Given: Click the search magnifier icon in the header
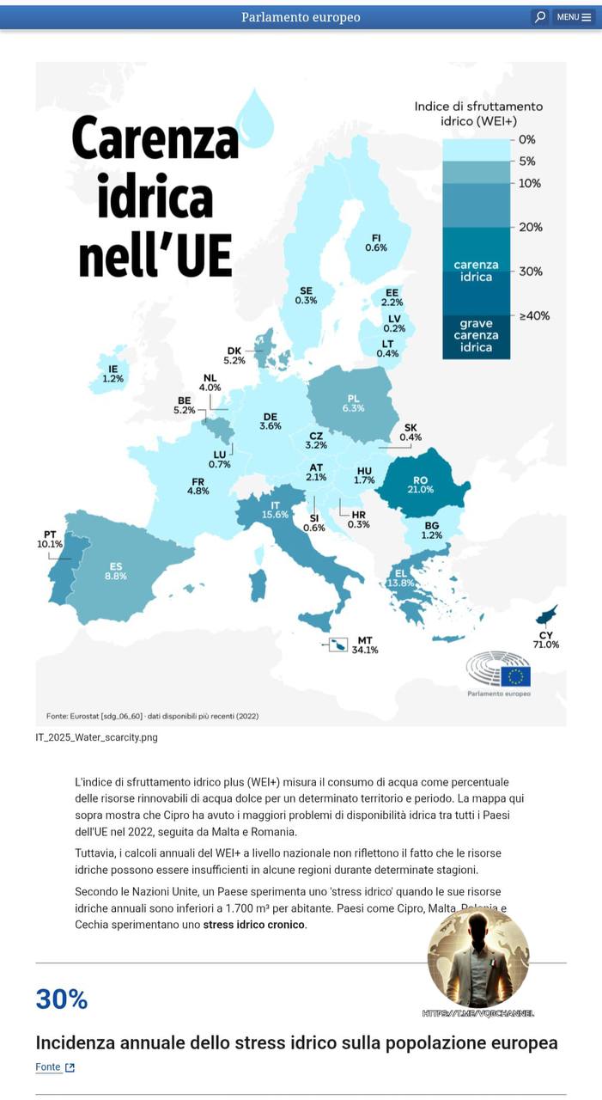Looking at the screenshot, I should [x=539, y=17].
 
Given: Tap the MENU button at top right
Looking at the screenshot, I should [x=574, y=17].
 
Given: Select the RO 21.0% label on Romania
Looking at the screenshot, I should [x=420, y=485].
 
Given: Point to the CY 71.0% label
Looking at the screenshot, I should [x=546, y=639].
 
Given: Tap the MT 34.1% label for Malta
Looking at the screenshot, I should [x=365, y=645].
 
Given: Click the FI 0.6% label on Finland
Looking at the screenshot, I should [x=376, y=242].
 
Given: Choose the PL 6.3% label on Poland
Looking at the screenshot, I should [x=353, y=403].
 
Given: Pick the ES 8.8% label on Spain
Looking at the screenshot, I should [x=116, y=571].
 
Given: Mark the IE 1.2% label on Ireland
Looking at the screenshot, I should [x=112, y=373].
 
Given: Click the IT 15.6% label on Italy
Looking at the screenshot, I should [x=276, y=510].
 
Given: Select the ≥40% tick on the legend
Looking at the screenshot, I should [x=534, y=315].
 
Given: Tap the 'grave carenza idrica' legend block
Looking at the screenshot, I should [x=476, y=336].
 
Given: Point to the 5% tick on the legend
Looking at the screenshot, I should [x=527, y=161].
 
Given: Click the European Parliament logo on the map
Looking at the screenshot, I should [x=498, y=672].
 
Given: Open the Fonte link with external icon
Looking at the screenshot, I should [x=55, y=1067].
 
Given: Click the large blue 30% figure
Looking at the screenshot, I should [x=62, y=999].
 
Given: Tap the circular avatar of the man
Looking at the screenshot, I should [x=478, y=958].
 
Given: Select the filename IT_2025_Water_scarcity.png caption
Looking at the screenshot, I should [x=97, y=737].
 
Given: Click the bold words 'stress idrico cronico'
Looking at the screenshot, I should [x=253, y=925].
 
